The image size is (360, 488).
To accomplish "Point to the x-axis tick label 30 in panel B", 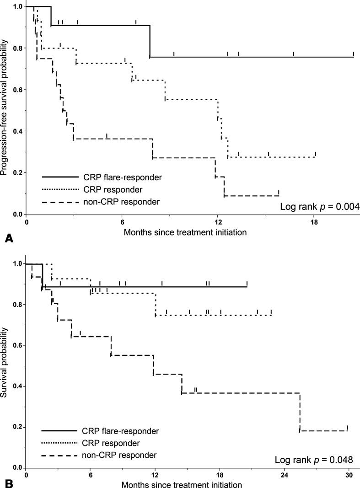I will (x=349, y=475).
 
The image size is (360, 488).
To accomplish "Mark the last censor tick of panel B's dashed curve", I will (x=348, y=428).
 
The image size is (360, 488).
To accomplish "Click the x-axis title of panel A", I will (x=185, y=232).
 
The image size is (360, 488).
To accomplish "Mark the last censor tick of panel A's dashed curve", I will (x=279, y=192).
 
